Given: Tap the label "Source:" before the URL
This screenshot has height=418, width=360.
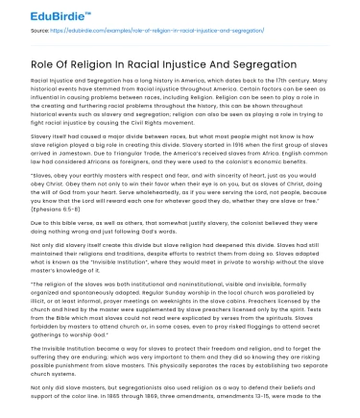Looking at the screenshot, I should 40,33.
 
